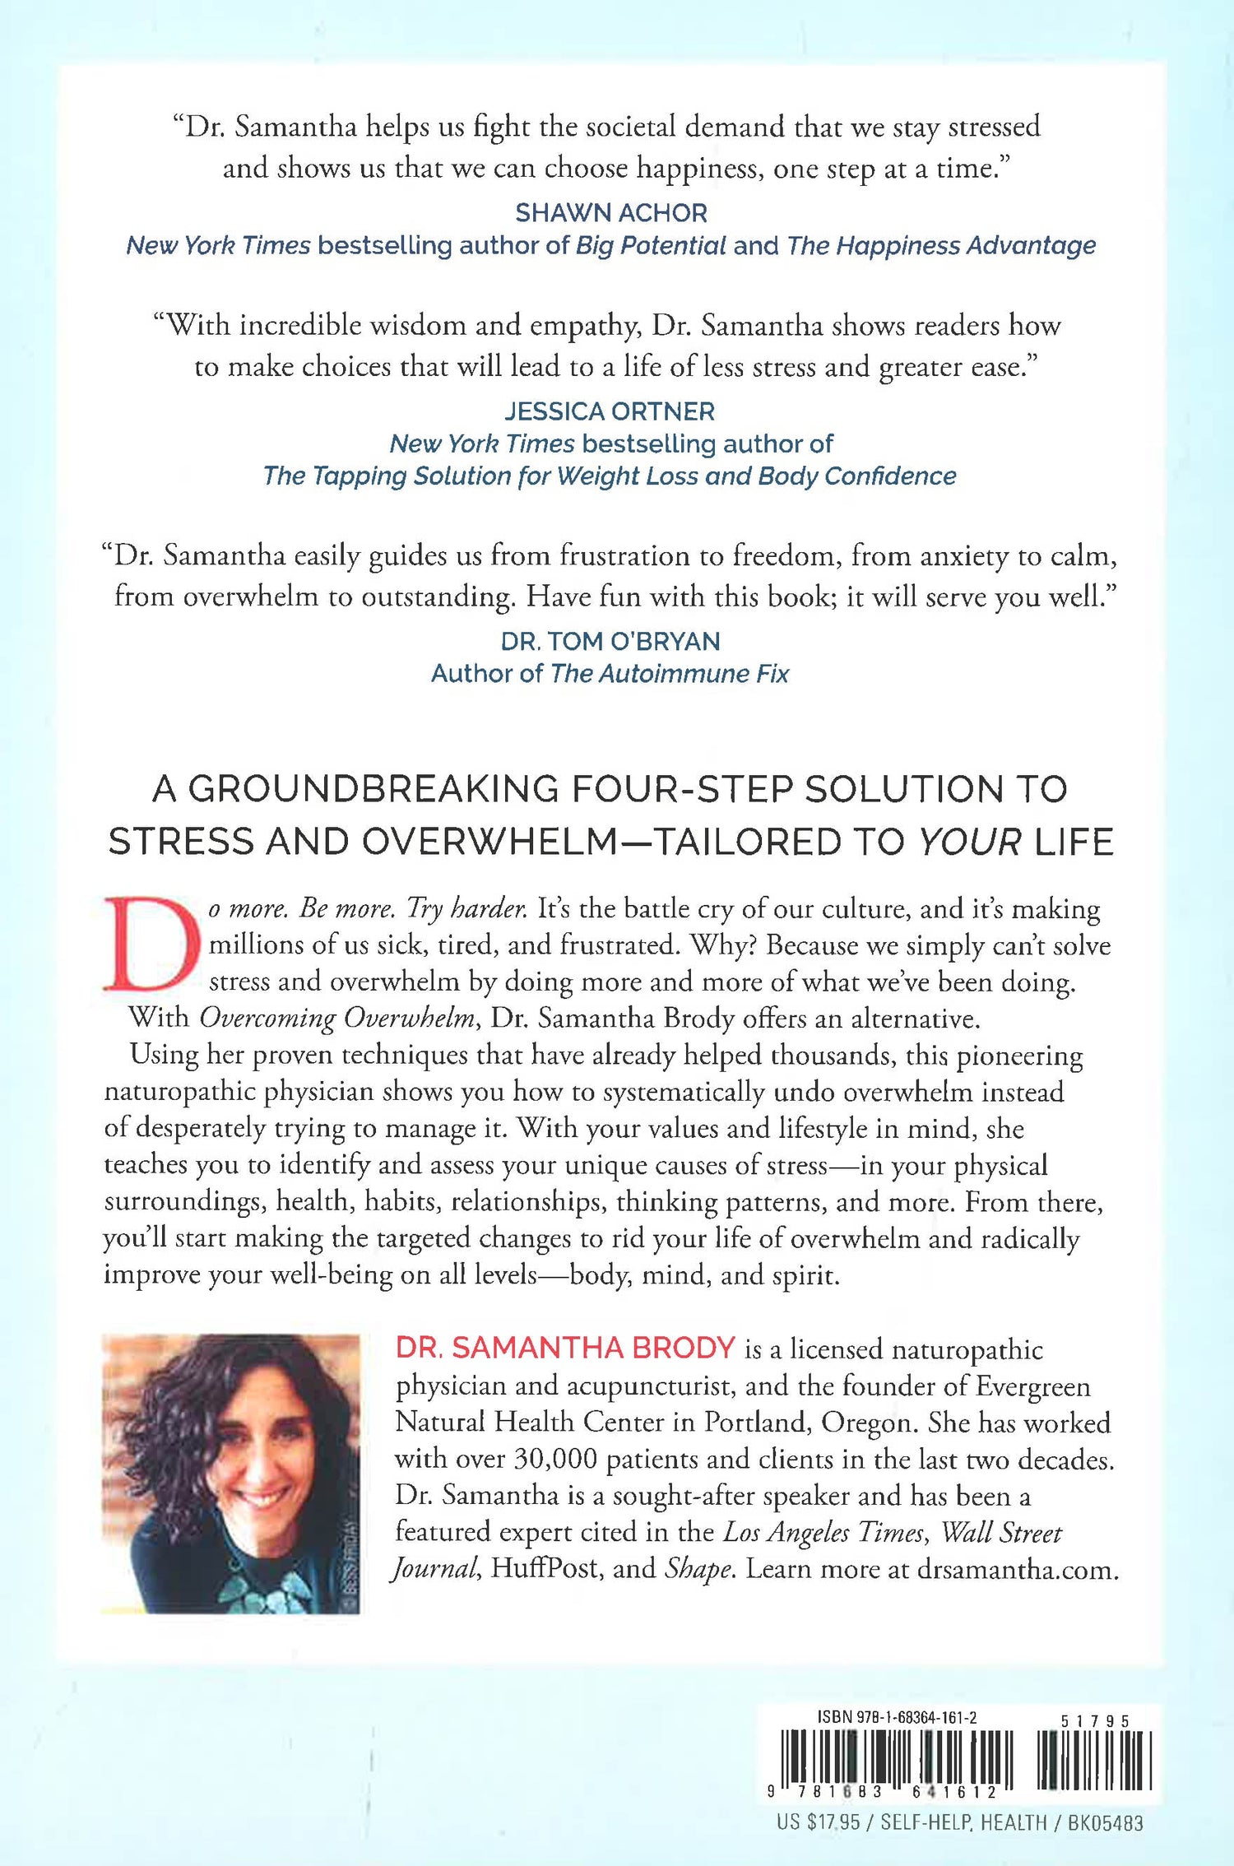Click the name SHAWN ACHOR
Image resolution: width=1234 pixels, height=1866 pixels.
pyautogui.click(x=610, y=213)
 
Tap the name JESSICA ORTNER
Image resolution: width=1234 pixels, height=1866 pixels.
pyautogui.click(x=610, y=411)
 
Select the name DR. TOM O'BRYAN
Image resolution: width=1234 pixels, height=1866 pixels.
pyautogui.click(x=610, y=641)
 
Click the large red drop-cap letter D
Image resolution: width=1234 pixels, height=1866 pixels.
pyautogui.click(x=151, y=945)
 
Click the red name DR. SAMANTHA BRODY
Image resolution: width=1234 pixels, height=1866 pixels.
pyautogui.click(x=565, y=1348)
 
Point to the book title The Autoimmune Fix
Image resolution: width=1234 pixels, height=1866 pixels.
pyautogui.click(x=669, y=674)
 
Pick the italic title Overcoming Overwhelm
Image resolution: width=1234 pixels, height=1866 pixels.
pyautogui.click(x=338, y=1019)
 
